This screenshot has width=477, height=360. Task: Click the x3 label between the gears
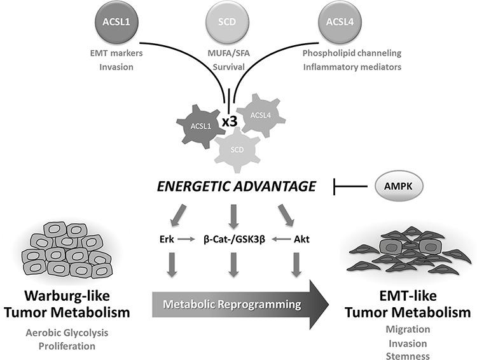230,119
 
